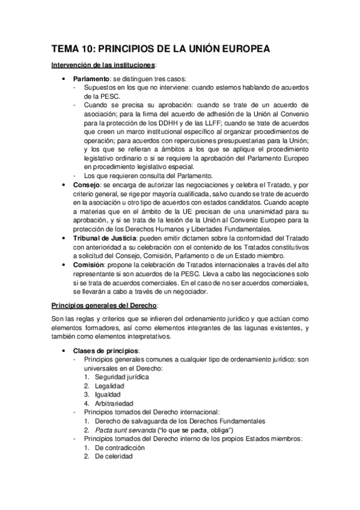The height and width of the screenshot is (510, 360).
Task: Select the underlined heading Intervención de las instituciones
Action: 103,64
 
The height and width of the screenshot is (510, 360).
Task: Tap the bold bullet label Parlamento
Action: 91,79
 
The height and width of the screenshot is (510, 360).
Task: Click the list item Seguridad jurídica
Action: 121,377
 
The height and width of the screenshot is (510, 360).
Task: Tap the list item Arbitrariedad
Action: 114,404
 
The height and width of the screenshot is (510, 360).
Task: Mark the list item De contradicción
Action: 119,447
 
